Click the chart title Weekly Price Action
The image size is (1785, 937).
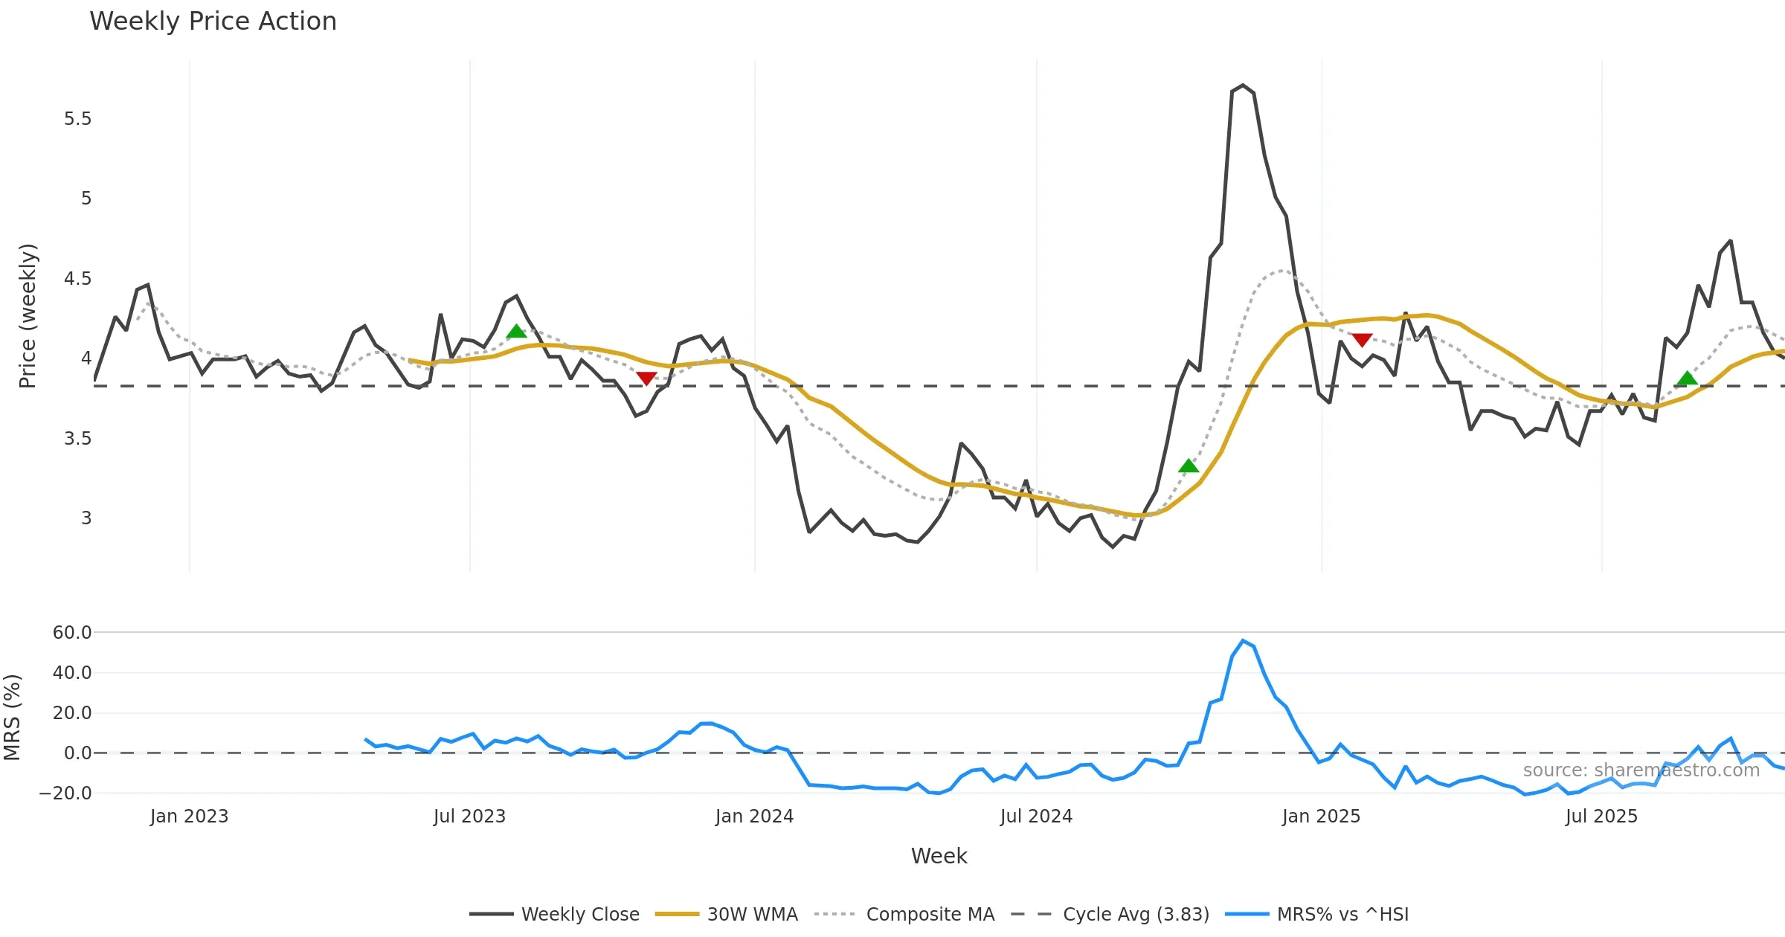pos(213,22)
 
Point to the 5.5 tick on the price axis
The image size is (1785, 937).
pos(77,119)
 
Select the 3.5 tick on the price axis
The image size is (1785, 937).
pos(77,439)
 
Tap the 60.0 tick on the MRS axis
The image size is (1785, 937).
pos(72,633)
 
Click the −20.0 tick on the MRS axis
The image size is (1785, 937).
pos(65,793)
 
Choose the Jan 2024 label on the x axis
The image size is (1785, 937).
pos(754,817)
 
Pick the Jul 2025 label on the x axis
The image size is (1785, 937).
pos(1601,817)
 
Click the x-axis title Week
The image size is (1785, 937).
pos(939,857)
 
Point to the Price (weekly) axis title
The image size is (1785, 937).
pos(28,316)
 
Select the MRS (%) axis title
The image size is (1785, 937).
pos(12,718)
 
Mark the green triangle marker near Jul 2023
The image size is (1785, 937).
pos(516,332)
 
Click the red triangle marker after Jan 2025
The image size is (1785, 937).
pos(1362,340)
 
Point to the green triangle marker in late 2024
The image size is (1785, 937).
pos(1189,466)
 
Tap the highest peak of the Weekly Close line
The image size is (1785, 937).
pos(1243,86)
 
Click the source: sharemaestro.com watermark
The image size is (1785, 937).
pos(1641,770)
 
